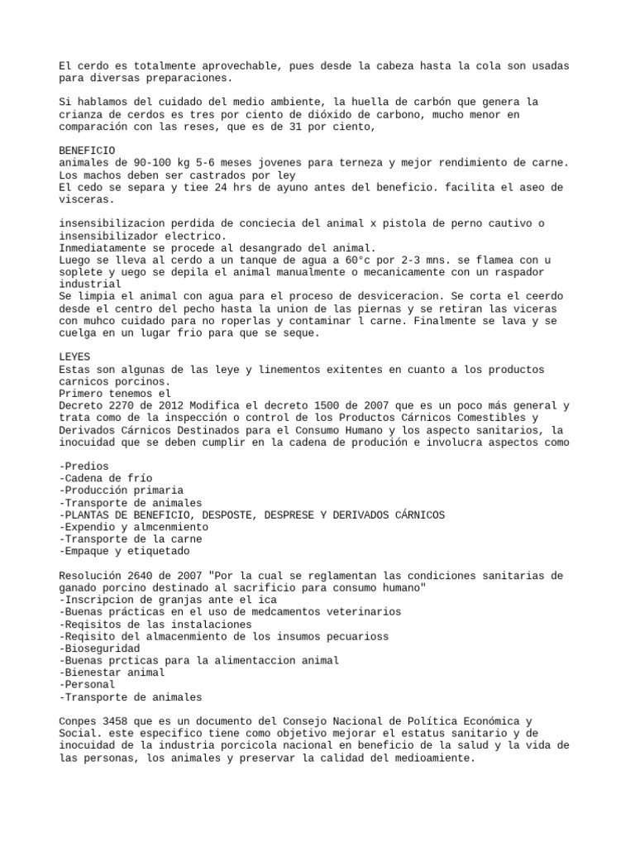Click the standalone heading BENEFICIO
(x=87, y=151)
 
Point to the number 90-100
(x=150, y=163)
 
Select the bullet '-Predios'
(x=84, y=466)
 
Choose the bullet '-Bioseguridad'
(x=99, y=648)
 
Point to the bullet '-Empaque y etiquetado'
(x=124, y=550)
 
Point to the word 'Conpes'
(x=78, y=720)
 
